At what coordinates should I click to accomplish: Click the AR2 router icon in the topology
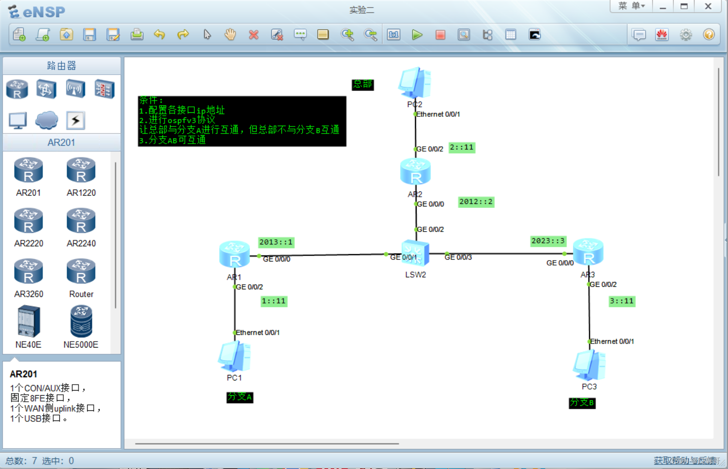[x=415, y=172]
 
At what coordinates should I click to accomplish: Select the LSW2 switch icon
[x=415, y=253]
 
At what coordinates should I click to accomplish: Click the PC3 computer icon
[x=589, y=365]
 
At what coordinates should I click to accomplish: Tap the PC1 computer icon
[x=234, y=356]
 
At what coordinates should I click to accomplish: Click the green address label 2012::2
[x=476, y=202]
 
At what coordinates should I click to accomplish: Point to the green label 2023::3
[x=548, y=241]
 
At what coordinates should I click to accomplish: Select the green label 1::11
[x=274, y=302]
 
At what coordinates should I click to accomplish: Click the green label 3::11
[x=622, y=302]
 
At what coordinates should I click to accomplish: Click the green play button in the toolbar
[x=417, y=34]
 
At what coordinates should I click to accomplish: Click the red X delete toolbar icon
[x=254, y=34]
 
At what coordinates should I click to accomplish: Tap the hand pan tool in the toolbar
[x=230, y=34]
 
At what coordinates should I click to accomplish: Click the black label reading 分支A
[x=239, y=397]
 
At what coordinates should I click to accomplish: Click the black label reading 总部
[x=362, y=84]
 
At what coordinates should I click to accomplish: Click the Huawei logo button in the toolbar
[x=662, y=34]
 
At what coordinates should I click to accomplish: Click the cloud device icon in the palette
[x=47, y=120]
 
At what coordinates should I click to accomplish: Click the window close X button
[x=708, y=6]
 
